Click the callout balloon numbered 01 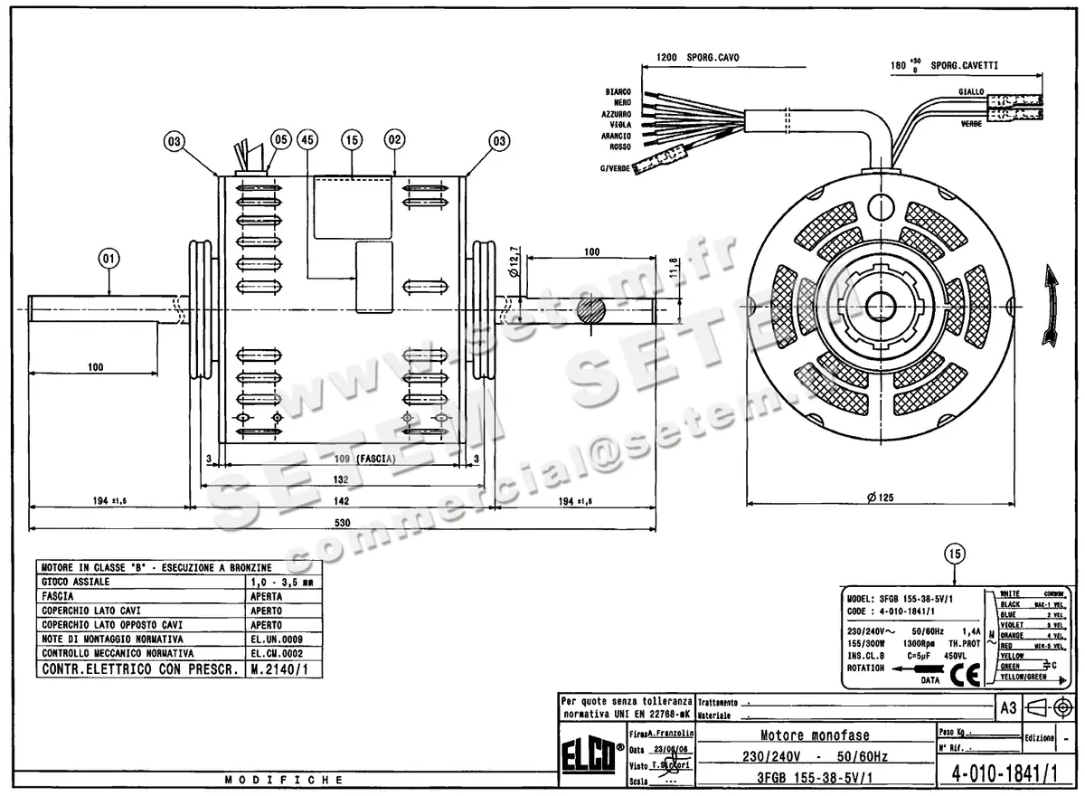(108, 258)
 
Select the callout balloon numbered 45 (309, 140)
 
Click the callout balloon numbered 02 (394, 140)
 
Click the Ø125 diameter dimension (879, 497)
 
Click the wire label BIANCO (618, 92)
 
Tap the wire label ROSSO (620, 147)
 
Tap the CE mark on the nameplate (966, 676)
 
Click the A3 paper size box (1007, 706)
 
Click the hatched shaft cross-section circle (590, 312)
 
